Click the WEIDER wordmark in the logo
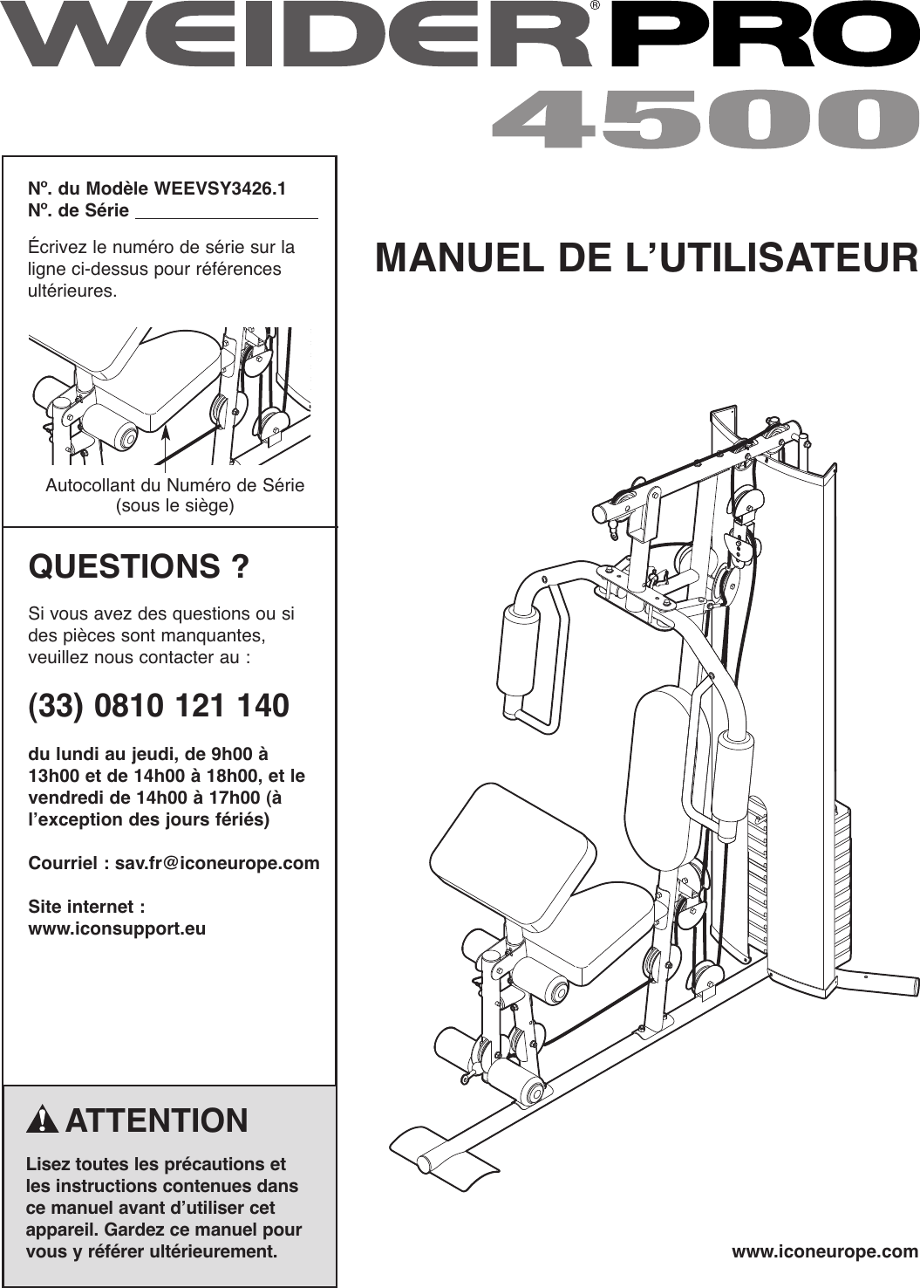[x=296, y=37]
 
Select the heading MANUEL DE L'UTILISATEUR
[x=646, y=259]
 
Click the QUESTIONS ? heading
[x=139, y=567]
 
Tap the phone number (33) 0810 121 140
[x=159, y=705]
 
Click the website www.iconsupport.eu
[x=118, y=928]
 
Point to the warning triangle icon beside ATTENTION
[x=43, y=1121]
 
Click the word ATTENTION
[x=157, y=1120]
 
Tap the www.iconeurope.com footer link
[x=825, y=1252]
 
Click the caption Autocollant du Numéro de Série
[x=174, y=485]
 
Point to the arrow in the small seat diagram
[x=164, y=445]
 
